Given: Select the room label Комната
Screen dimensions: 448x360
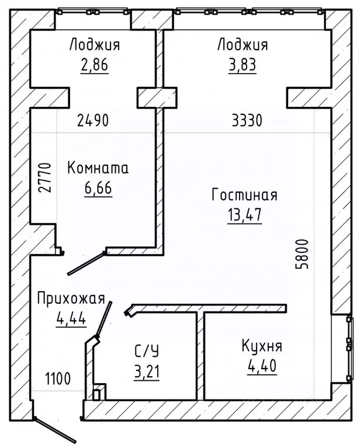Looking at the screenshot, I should click(98, 169).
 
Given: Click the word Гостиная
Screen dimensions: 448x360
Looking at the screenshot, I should click(244, 195).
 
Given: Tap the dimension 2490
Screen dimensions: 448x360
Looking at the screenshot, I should click(93, 121).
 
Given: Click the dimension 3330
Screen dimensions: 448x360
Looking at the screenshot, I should click(247, 121).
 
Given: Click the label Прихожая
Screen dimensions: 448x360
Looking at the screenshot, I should click(71, 300).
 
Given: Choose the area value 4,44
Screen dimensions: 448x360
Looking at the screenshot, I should click(71, 319).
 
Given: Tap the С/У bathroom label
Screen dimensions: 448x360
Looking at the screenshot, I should click(147, 351).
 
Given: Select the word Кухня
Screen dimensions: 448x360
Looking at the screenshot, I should click(262, 346).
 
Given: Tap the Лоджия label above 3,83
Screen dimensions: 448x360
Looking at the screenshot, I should click(242, 44).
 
